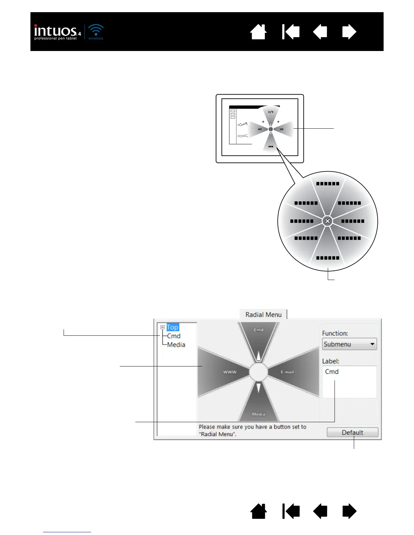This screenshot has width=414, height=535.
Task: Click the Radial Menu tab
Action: [263, 314]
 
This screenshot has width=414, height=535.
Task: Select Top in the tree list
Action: [172, 327]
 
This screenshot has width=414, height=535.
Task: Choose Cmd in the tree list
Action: [174, 336]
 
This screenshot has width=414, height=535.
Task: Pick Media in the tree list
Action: [176, 345]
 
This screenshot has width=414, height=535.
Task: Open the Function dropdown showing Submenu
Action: [349, 344]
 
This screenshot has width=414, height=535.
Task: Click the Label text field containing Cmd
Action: [349, 382]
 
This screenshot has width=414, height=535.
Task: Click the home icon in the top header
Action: [258, 32]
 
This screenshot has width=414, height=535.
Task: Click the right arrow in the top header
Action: [349, 32]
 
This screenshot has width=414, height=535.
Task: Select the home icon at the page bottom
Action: [258, 511]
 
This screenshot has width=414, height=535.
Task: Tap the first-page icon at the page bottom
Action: [291, 511]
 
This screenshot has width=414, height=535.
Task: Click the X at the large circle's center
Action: [327, 221]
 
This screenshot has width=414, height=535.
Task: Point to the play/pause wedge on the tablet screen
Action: [271, 113]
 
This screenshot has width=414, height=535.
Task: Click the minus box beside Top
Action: [162, 327]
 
